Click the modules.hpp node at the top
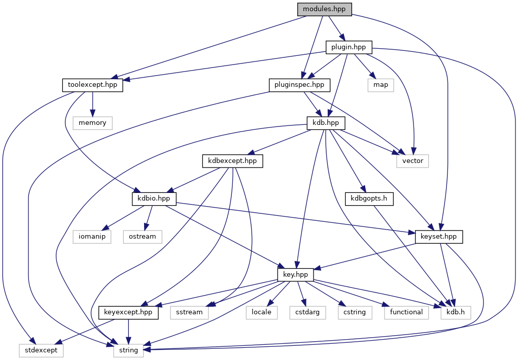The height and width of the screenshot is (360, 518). point(324,9)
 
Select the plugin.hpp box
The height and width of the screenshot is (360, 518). point(349,48)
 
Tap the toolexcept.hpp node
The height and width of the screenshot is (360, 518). point(92,84)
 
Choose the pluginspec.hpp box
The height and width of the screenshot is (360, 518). point(299,84)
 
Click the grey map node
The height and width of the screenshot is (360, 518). point(381,84)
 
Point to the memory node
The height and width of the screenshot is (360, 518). point(92,122)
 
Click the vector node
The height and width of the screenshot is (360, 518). point(412,160)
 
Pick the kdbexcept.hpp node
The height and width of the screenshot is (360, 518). point(232,160)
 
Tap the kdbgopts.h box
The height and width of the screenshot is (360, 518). point(369,198)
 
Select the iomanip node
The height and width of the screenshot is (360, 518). point(92,236)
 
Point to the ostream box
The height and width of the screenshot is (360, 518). point(143,236)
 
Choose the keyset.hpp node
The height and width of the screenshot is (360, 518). point(439,236)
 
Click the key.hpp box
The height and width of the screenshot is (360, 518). point(296,274)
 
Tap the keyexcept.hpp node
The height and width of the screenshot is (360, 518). point(128,312)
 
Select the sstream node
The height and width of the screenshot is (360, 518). point(190,312)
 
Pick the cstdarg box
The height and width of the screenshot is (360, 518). point(307,312)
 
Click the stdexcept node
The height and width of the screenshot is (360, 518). point(41,350)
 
